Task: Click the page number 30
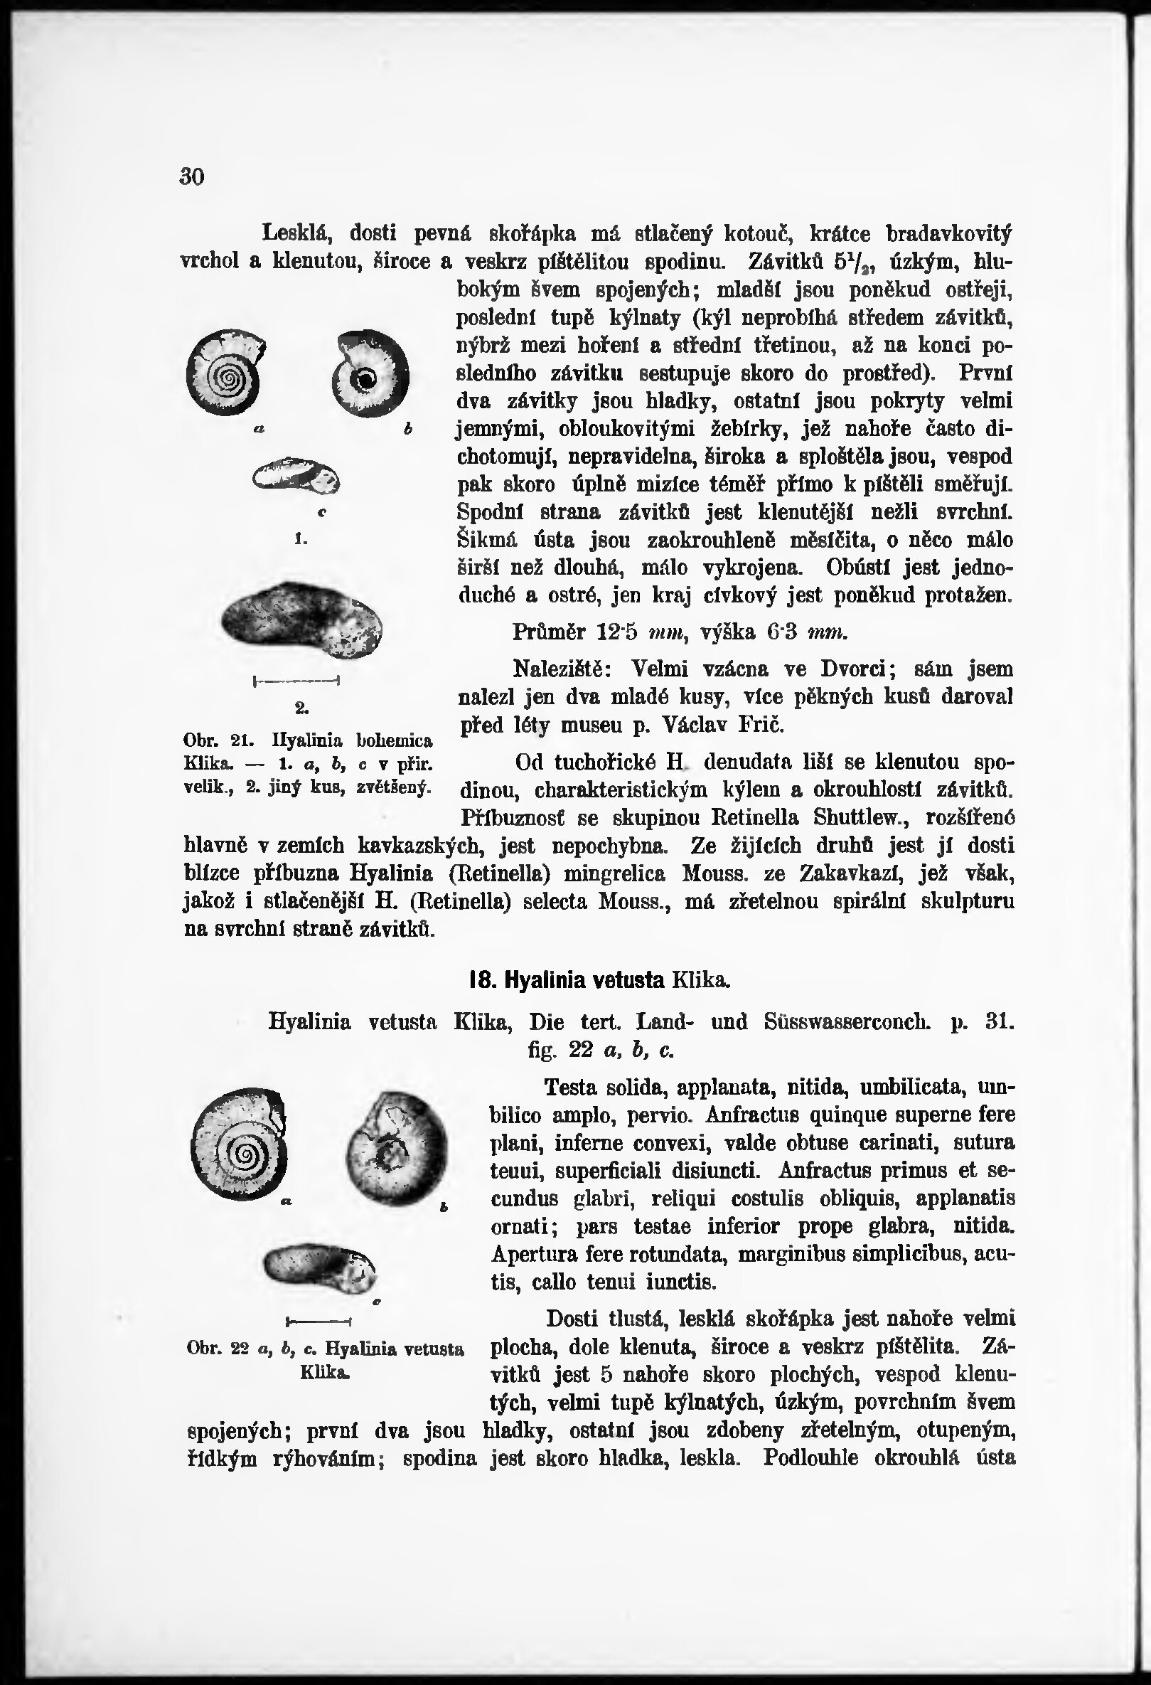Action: [192, 176]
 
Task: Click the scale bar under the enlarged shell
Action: [296, 681]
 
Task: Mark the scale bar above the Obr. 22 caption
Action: [319, 1319]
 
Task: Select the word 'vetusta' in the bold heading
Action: [628, 980]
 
